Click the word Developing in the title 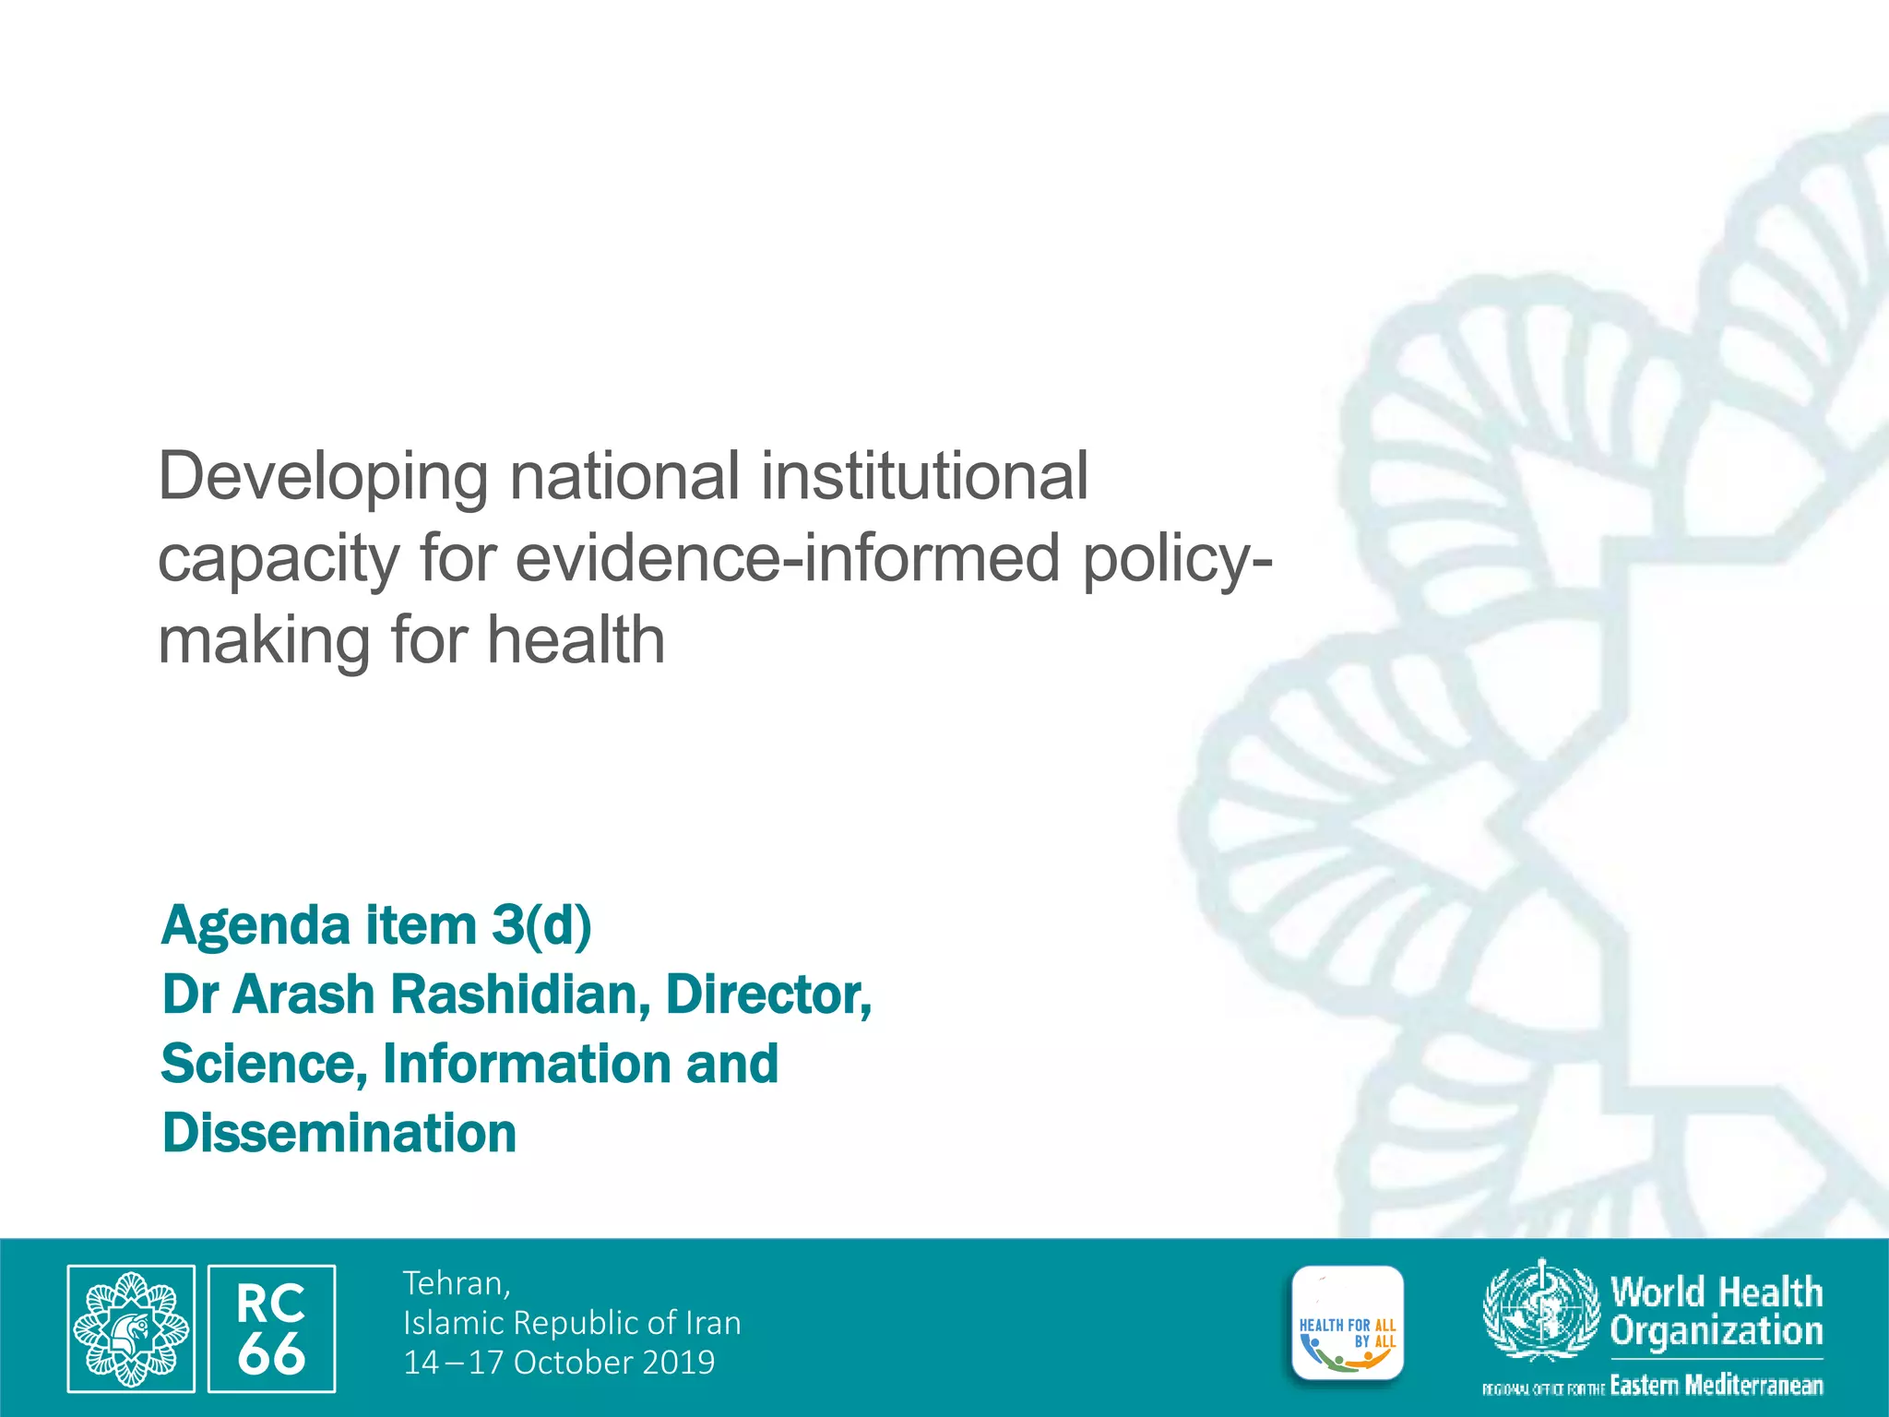pos(323,477)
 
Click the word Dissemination pos(339,1133)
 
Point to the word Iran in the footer pos(713,1323)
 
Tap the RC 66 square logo pos(271,1328)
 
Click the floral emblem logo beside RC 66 pos(130,1328)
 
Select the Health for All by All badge pos(1348,1325)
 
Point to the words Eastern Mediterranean pos(1716,1386)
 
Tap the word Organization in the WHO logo pos(1717,1331)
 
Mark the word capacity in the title pos(279,560)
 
